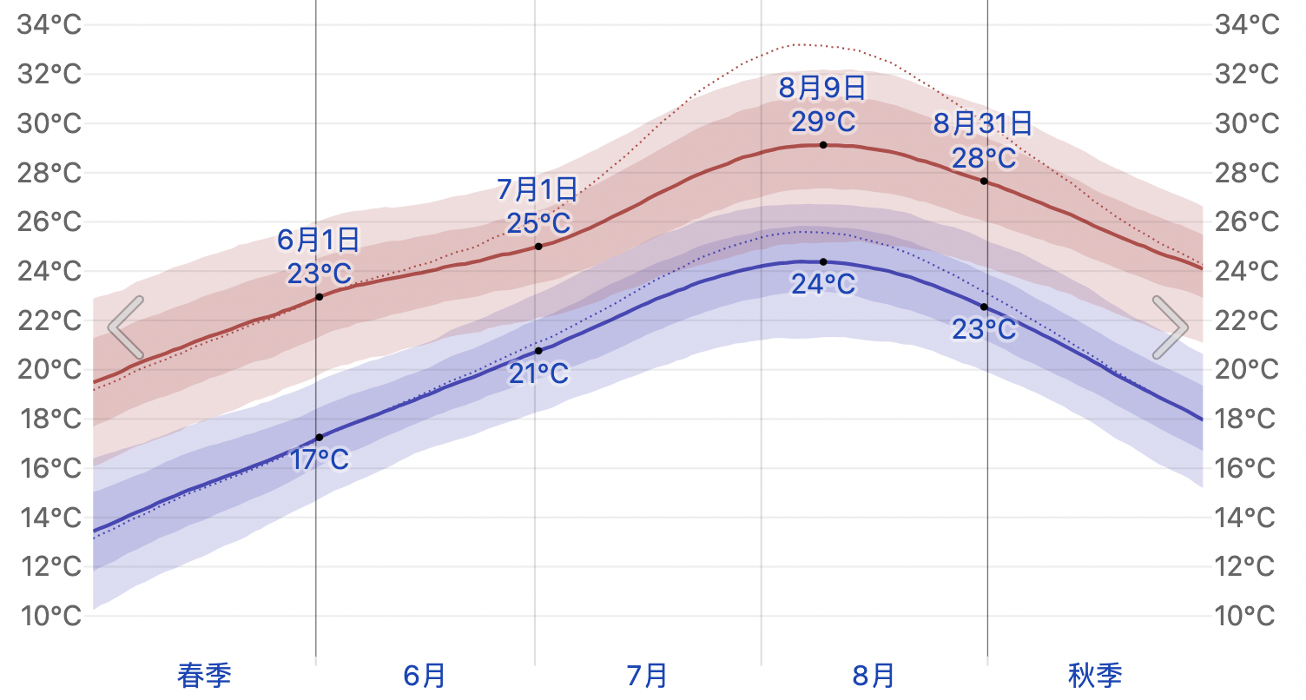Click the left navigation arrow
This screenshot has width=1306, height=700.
[x=126, y=327]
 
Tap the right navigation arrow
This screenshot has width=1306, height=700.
[x=1170, y=327]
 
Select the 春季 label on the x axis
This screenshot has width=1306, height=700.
[x=204, y=676]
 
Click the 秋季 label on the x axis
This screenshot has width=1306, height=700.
[x=1095, y=676]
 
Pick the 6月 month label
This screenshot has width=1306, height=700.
[x=425, y=676]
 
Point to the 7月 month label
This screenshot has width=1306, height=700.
[x=647, y=676]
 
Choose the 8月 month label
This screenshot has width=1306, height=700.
[x=873, y=676]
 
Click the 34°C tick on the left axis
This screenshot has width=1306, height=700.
[x=49, y=24]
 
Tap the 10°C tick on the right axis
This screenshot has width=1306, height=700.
[x=1246, y=617]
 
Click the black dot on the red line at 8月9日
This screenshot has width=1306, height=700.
[x=823, y=144]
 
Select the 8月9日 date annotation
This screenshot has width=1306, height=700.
[x=822, y=88]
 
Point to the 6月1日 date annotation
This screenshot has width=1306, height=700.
[x=319, y=239]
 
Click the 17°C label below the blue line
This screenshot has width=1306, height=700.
[x=320, y=459]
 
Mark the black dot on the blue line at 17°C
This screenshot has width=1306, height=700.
[x=320, y=437]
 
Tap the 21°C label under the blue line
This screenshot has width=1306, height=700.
[x=538, y=374]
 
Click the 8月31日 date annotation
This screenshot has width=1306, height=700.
[x=983, y=124]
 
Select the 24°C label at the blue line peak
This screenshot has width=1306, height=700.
[x=823, y=284]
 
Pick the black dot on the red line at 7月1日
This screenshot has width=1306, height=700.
[x=538, y=247]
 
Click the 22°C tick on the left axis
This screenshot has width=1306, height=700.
[x=49, y=320]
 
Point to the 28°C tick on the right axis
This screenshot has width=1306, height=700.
[x=1246, y=173]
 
